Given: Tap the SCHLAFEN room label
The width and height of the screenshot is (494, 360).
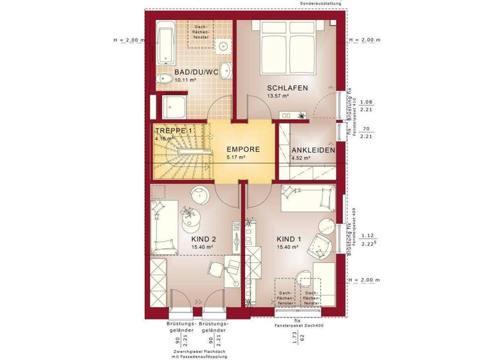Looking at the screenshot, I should [x=288, y=87].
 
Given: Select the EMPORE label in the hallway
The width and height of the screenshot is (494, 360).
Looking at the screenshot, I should [x=243, y=149].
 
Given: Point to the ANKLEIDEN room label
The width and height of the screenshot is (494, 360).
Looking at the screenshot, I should [x=313, y=150].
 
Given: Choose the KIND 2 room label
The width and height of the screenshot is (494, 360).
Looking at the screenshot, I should [x=203, y=239].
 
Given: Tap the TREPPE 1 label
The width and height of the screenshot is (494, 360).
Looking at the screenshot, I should [x=173, y=130].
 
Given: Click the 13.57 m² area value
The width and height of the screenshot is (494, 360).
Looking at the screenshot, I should [x=278, y=96].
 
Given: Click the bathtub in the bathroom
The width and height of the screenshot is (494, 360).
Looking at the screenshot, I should [x=165, y=44].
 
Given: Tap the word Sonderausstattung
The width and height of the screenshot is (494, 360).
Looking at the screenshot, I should [x=322, y=3].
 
